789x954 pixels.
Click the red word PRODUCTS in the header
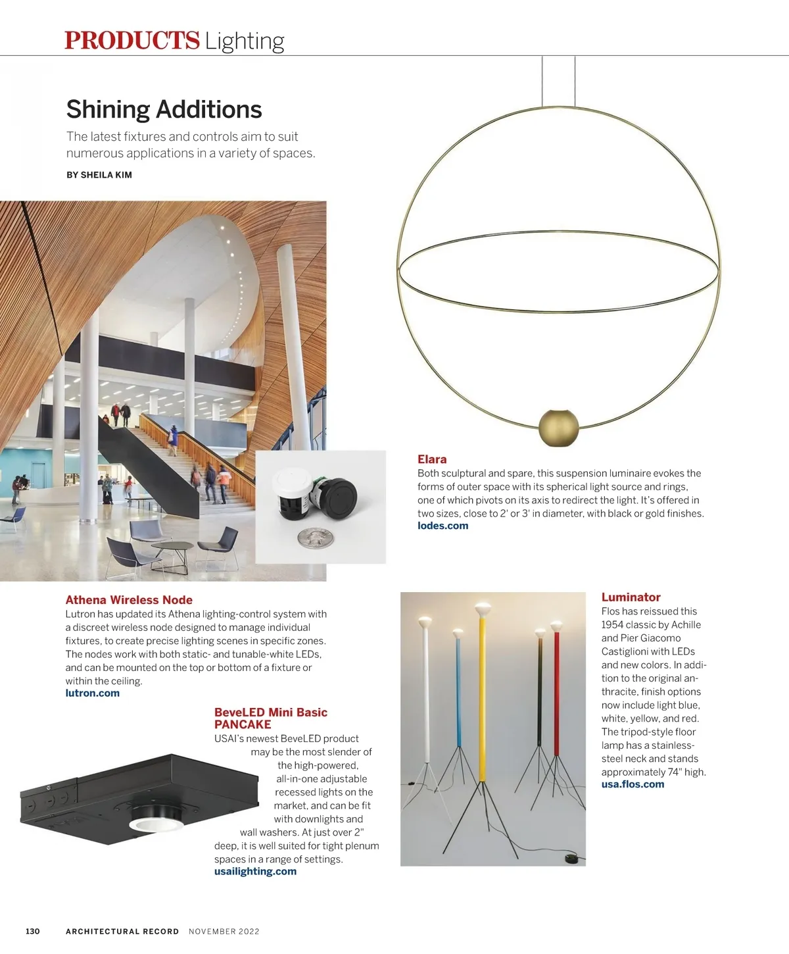coord(131,40)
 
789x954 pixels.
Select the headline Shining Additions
coord(164,109)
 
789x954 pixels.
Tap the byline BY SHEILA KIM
coord(99,175)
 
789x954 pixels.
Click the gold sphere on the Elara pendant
coord(559,428)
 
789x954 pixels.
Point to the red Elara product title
coord(432,459)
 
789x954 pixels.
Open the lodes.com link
coord(442,526)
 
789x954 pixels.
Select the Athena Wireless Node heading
coord(129,600)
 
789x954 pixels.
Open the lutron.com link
coord(93,693)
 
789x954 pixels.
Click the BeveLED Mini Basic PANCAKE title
coord(270,718)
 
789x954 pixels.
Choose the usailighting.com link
coord(255,871)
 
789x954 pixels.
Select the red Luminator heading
coord(631,597)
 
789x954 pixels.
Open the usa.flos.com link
coord(633,784)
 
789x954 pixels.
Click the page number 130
coord(33,931)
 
